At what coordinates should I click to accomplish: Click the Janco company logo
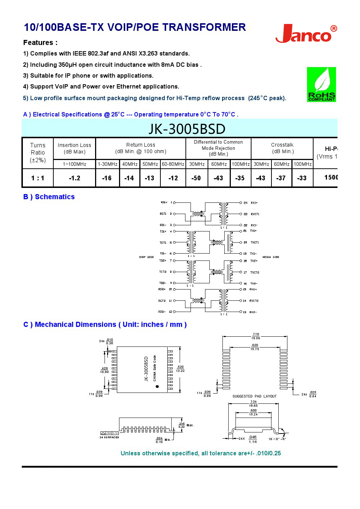[306, 34]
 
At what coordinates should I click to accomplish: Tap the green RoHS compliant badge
[321, 84]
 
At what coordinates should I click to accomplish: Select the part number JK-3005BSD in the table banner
[187, 129]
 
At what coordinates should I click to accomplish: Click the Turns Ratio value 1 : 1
[38, 178]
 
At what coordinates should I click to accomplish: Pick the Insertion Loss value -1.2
[74, 178]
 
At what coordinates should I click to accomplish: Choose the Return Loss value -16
[107, 178]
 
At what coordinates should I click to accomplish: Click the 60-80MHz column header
[173, 164]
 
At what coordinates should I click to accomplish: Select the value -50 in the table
[196, 178]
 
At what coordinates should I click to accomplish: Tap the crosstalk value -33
[302, 178]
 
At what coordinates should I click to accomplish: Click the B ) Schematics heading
[49, 197]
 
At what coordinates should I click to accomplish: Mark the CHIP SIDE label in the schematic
[147, 257]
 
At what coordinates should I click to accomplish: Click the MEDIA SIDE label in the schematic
[271, 257]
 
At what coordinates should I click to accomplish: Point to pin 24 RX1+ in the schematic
[250, 203]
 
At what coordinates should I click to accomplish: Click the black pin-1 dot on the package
[157, 386]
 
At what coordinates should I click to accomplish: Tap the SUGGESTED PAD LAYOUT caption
[254, 396]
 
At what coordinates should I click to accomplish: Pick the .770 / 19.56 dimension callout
[256, 336]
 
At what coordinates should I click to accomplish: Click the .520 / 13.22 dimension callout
[180, 369]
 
